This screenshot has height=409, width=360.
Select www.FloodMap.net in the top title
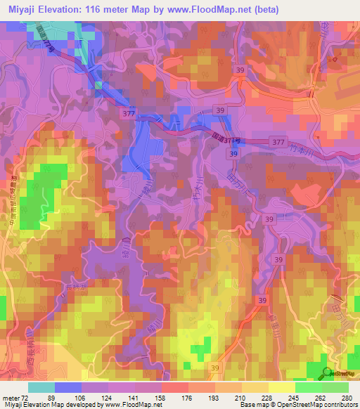[x=210, y=10]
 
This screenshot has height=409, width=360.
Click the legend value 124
[x=120, y=397]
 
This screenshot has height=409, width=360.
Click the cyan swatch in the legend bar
[x=41, y=387]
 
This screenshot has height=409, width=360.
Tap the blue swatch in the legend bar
[x=68, y=387]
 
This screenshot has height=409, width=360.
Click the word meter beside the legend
[x=12, y=397]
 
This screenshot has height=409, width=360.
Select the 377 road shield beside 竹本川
[x=278, y=141]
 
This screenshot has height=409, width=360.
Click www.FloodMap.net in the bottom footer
[x=133, y=405]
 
